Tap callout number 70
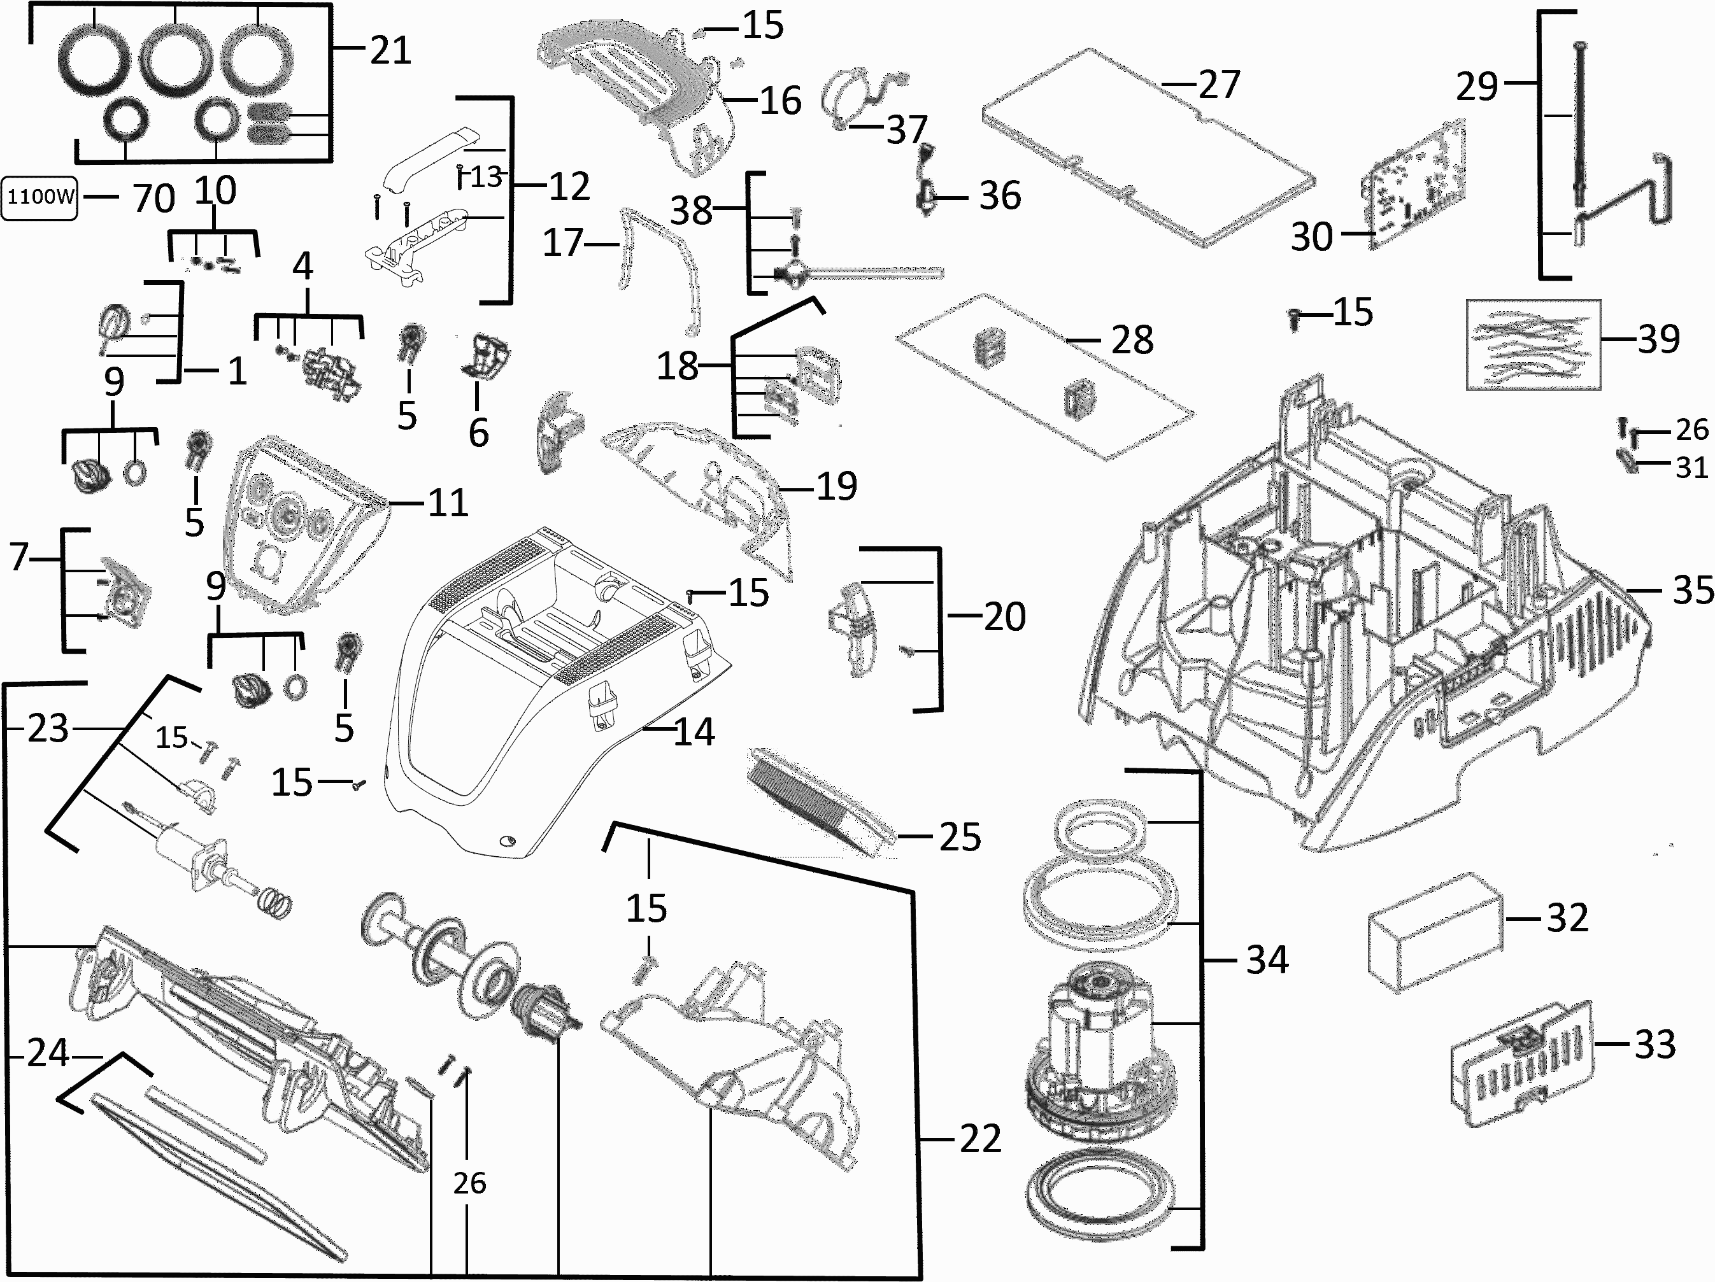click(x=153, y=199)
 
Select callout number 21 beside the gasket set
click(x=390, y=51)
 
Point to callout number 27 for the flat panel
click(x=1220, y=85)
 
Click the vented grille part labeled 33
click(x=1521, y=1062)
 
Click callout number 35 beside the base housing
click(x=1693, y=590)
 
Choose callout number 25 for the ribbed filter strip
click(x=960, y=837)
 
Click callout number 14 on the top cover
click(x=694, y=731)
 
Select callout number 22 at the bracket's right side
click(x=980, y=1139)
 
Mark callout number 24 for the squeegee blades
click(x=48, y=1053)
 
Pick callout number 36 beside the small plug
click(x=1000, y=196)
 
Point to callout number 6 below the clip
click(x=478, y=432)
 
